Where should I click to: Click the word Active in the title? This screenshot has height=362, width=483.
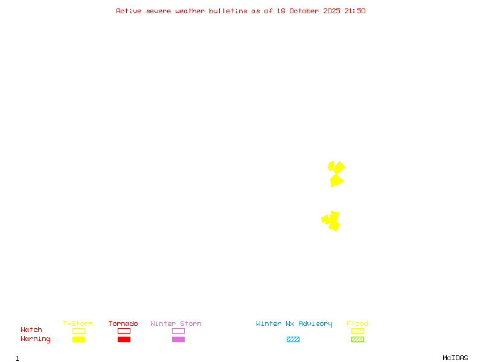click(129, 11)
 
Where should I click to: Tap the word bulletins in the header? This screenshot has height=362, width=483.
click(228, 11)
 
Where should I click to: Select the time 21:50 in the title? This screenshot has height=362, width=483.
click(355, 11)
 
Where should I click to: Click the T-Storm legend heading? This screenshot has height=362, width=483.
click(78, 324)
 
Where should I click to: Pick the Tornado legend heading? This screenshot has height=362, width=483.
click(123, 324)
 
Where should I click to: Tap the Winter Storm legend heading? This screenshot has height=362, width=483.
click(176, 324)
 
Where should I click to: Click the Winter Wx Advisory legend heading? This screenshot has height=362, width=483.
click(294, 324)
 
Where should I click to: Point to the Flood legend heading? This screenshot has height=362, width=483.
click(357, 324)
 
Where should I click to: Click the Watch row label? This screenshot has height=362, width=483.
click(31, 330)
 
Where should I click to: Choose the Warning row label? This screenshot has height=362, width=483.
click(36, 339)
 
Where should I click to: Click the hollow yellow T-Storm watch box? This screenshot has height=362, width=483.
click(78, 331)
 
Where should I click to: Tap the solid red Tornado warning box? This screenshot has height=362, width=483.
click(124, 339)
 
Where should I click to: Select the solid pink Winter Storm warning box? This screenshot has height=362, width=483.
click(178, 339)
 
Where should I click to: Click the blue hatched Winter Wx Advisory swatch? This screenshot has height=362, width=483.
click(293, 339)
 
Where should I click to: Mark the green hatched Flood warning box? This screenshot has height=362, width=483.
click(357, 339)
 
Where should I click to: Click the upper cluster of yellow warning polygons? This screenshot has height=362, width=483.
click(336, 174)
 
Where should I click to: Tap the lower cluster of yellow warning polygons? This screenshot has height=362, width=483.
click(331, 221)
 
